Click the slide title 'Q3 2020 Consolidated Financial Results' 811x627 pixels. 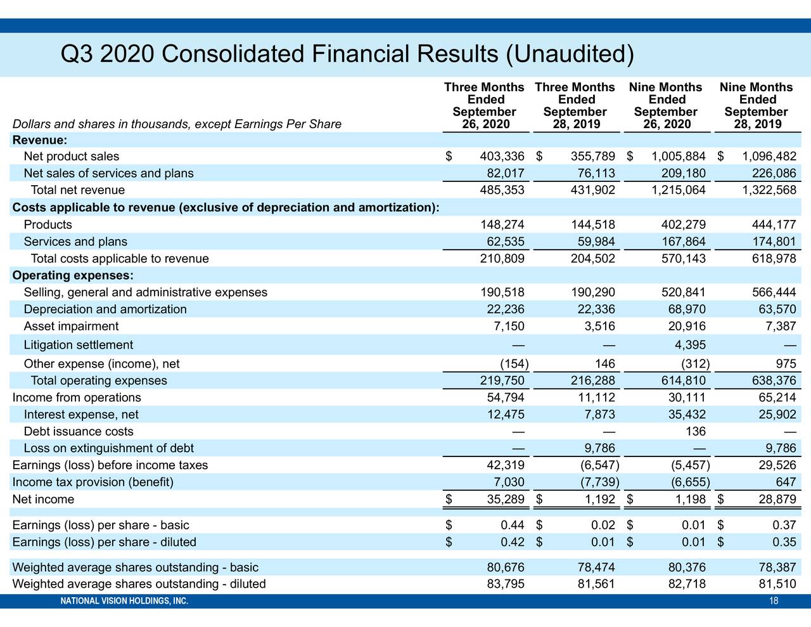click(x=347, y=55)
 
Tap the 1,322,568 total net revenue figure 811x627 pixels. click(x=768, y=190)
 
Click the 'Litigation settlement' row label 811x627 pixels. click(x=78, y=345)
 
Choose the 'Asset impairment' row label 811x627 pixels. click(x=71, y=326)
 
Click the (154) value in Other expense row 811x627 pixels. click(x=514, y=364)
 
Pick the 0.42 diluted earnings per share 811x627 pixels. click(x=512, y=542)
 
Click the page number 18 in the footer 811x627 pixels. click(x=774, y=602)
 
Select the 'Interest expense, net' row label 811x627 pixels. click(x=80, y=415)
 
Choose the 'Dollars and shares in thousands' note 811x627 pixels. click(x=177, y=124)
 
